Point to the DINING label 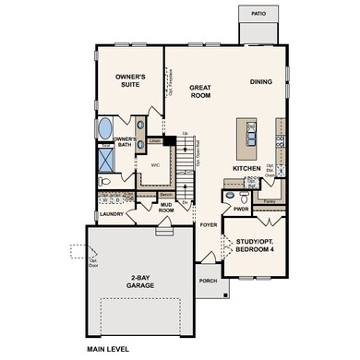[x=261, y=82]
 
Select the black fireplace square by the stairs [x=168, y=141]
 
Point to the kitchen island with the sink [x=246, y=138]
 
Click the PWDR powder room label [x=241, y=210]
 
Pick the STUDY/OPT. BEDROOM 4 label [x=251, y=247]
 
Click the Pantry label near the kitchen [x=271, y=200]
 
